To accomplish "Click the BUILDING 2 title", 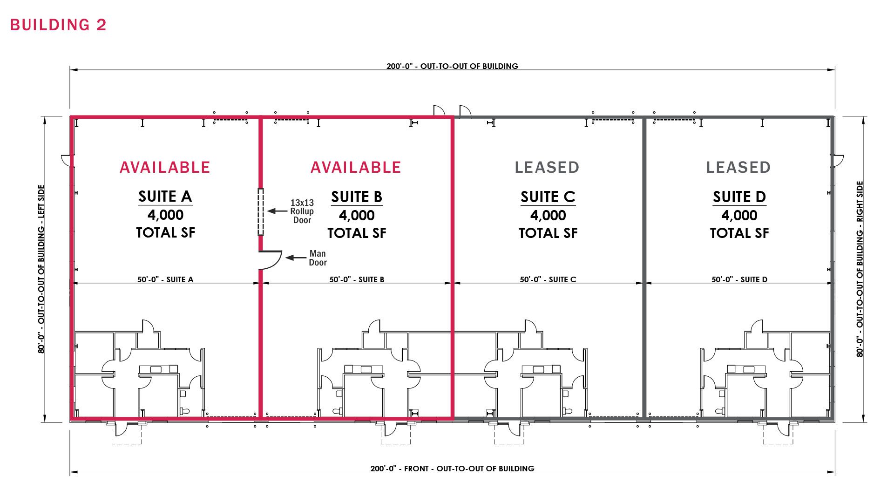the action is click(x=58, y=25).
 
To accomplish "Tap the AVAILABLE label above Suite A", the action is click(x=165, y=167).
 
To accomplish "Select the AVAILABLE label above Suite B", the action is click(x=356, y=167).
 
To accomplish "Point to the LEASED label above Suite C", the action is click(x=547, y=167).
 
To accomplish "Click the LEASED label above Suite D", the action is click(x=738, y=167).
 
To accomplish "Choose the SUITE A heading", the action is click(x=165, y=197).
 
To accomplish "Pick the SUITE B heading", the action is click(x=357, y=197).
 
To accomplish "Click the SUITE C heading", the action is click(x=548, y=197).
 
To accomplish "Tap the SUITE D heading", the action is click(x=739, y=197).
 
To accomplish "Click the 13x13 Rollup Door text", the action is click(x=302, y=211).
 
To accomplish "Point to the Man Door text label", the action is click(x=318, y=258).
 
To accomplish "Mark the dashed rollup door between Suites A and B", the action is click(x=261, y=212).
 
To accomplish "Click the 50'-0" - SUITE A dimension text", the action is click(x=165, y=279).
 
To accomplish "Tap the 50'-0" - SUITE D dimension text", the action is click(x=739, y=279).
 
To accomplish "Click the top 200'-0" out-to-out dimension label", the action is click(x=452, y=66).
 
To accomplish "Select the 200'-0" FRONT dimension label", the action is click(x=452, y=469).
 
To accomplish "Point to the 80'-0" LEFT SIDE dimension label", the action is click(x=41, y=269).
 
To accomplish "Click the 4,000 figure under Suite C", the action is click(x=548, y=216).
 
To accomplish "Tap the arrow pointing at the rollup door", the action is click(x=277, y=211).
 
